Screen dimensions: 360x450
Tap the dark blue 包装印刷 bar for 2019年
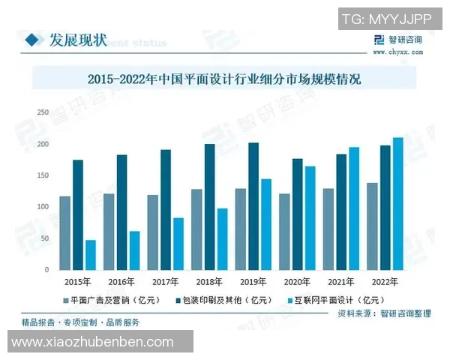(253, 206)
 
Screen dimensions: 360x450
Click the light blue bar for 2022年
(398, 203)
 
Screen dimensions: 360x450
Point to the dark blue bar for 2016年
(121, 212)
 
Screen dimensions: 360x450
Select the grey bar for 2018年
(196, 229)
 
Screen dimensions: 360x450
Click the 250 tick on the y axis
(43, 112)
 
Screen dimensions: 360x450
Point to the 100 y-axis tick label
(43, 206)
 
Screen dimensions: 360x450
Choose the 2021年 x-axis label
(340, 281)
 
